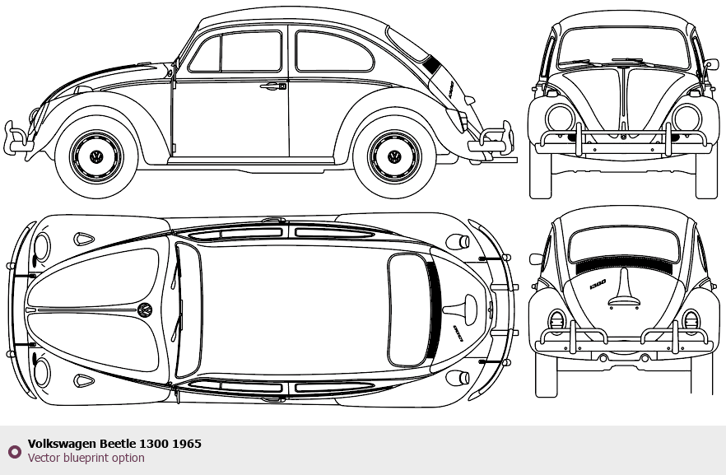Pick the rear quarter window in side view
[333, 52]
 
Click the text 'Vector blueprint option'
[86, 458]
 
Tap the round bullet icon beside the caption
[14, 451]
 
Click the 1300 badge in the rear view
[597, 282]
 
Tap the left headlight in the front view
[560, 117]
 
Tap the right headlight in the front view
[686, 117]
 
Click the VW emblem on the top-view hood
[145, 310]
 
